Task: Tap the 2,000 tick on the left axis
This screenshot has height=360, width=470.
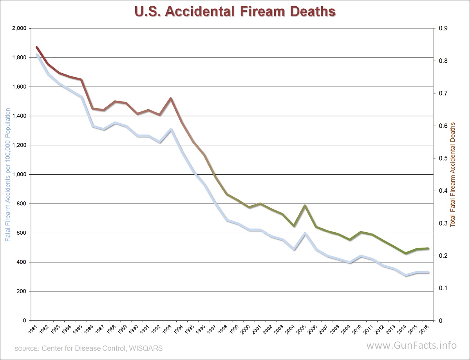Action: coord(19,28)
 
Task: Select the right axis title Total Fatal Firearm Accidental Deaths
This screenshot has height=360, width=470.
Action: coord(453,174)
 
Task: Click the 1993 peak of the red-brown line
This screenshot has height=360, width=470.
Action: coord(171,98)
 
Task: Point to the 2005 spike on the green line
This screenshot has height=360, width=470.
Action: coord(305,205)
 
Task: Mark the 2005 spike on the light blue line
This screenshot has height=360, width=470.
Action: coord(305,233)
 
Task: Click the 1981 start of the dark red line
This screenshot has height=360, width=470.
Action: coord(36,47)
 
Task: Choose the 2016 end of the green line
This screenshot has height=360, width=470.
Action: coord(428,248)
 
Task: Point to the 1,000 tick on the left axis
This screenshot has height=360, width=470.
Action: coord(19,174)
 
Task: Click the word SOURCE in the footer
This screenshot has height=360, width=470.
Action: coord(26,348)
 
